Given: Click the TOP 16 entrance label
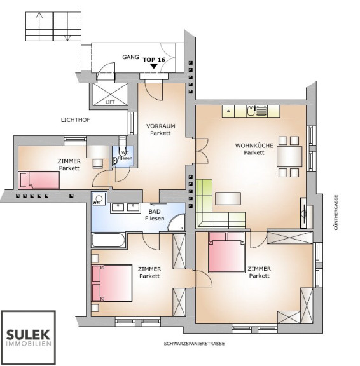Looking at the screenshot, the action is pos(154,60).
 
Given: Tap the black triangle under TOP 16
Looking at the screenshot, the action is pos(154,66).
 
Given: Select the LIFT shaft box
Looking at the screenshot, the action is pos(110,94).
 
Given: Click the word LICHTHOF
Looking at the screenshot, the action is pos(76,120).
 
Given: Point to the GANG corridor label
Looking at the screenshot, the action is pos(130,57).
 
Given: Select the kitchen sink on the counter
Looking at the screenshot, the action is pos(251,111).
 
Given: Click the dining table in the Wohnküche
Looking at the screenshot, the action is pos(289,156).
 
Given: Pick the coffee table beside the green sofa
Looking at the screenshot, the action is pos(228,198).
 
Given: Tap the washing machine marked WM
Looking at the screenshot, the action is pos(99,198).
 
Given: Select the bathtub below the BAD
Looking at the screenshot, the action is pos(109,240).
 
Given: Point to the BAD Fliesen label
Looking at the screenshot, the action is pos(155,215).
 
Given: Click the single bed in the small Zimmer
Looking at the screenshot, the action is pos(39,180).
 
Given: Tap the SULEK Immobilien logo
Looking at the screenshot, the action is pos(28,337).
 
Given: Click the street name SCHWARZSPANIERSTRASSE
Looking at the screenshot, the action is pos(194,344).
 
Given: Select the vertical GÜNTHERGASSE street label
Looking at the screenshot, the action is pos(336,212).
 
